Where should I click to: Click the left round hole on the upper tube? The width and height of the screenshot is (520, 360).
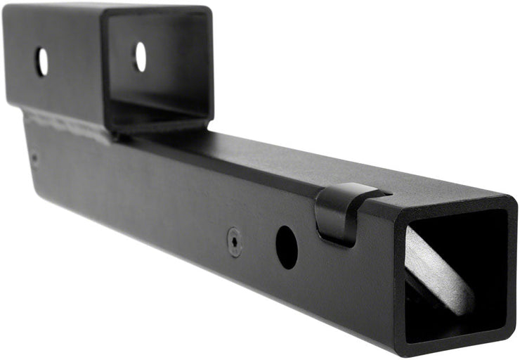[41, 62]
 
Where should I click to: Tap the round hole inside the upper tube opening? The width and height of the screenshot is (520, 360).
[141, 56]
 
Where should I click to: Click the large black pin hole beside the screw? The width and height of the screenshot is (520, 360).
[286, 247]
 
